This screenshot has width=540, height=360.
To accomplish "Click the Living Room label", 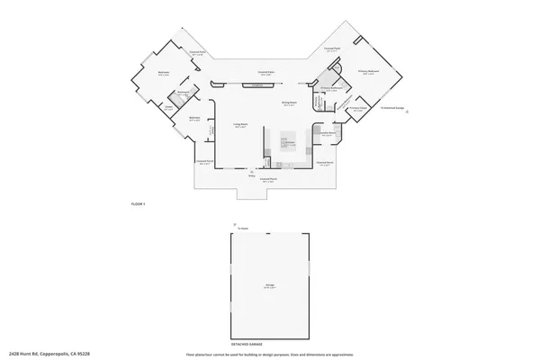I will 241,126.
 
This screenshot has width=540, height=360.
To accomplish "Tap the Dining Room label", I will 289,104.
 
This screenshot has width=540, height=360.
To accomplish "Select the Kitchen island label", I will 290,143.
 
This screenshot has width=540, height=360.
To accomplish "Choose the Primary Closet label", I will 357,109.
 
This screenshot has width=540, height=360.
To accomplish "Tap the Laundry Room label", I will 329,132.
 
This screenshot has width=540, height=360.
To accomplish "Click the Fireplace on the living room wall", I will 258,85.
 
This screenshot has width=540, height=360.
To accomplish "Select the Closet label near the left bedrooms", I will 167,109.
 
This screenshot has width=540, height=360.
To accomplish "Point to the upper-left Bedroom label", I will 165,73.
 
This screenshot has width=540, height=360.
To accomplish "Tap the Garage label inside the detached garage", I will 269,287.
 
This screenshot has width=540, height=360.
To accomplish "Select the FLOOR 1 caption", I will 137,206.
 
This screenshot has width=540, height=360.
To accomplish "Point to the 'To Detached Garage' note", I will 393,108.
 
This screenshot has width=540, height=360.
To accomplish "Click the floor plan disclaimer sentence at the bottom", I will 270,355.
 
